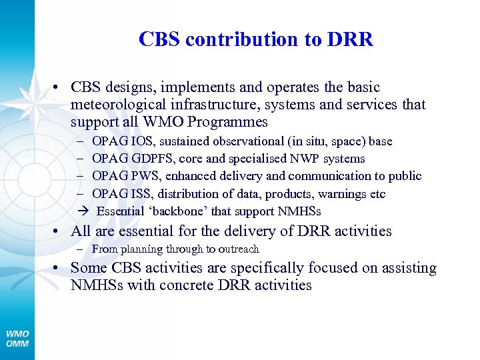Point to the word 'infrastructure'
pyautogui.click(x=212, y=105)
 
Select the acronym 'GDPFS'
pyautogui.click(x=151, y=159)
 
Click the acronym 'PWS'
pyautogui.click(x=142, y=176)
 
